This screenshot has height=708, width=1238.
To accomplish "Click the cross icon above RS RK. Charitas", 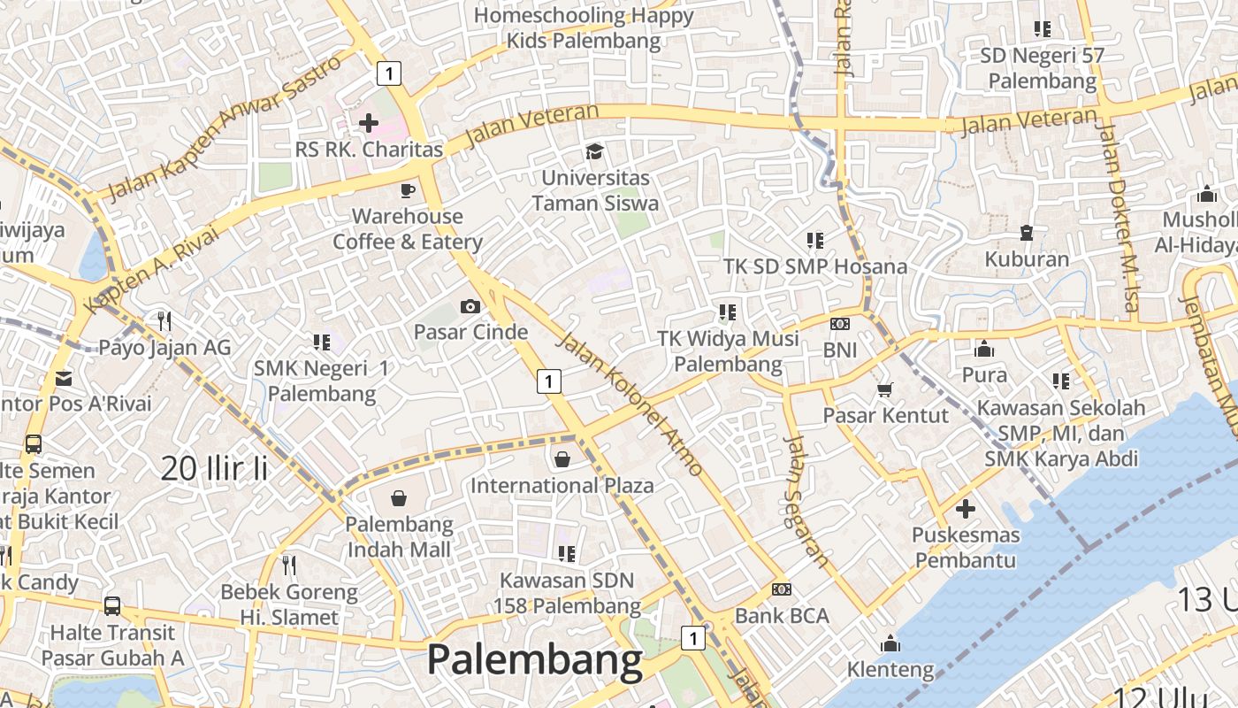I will [369, 122].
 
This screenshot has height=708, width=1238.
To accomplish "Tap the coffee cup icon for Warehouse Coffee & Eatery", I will [407, 189].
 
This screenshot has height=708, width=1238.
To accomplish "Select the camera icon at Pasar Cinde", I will [470, 306].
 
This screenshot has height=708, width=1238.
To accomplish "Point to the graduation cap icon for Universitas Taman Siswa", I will [594, 151].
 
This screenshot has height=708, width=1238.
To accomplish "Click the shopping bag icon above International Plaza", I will [562, 458].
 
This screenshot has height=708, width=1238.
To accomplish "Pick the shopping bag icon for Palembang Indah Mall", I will [399, 498].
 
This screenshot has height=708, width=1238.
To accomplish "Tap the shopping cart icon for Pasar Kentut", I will [884, 389].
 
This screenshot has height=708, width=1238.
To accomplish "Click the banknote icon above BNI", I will [839, 324].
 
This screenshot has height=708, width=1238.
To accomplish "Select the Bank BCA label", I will [782, 615].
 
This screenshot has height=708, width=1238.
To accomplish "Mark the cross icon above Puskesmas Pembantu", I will [965, 509].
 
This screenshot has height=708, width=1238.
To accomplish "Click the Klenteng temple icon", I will [890, 643].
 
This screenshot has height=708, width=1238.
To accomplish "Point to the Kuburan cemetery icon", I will [1027, 233].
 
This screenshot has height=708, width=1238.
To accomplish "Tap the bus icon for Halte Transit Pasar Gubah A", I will [112, 606].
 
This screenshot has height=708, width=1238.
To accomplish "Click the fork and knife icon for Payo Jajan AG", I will [164, 320].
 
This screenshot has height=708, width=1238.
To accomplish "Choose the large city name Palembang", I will [535, 660].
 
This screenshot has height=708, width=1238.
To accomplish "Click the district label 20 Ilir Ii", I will [214, 468].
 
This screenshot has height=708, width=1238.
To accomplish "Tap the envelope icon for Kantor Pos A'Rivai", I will [64, 378].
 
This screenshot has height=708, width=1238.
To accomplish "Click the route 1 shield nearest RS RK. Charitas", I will [387, 73].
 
